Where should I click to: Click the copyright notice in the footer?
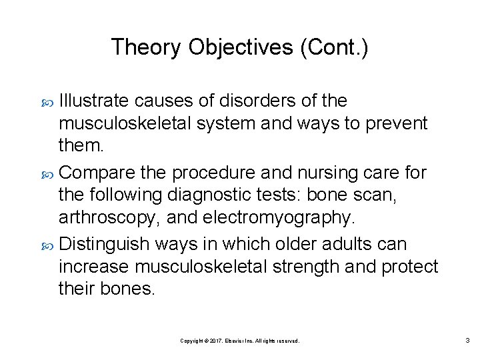pos(240,341)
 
